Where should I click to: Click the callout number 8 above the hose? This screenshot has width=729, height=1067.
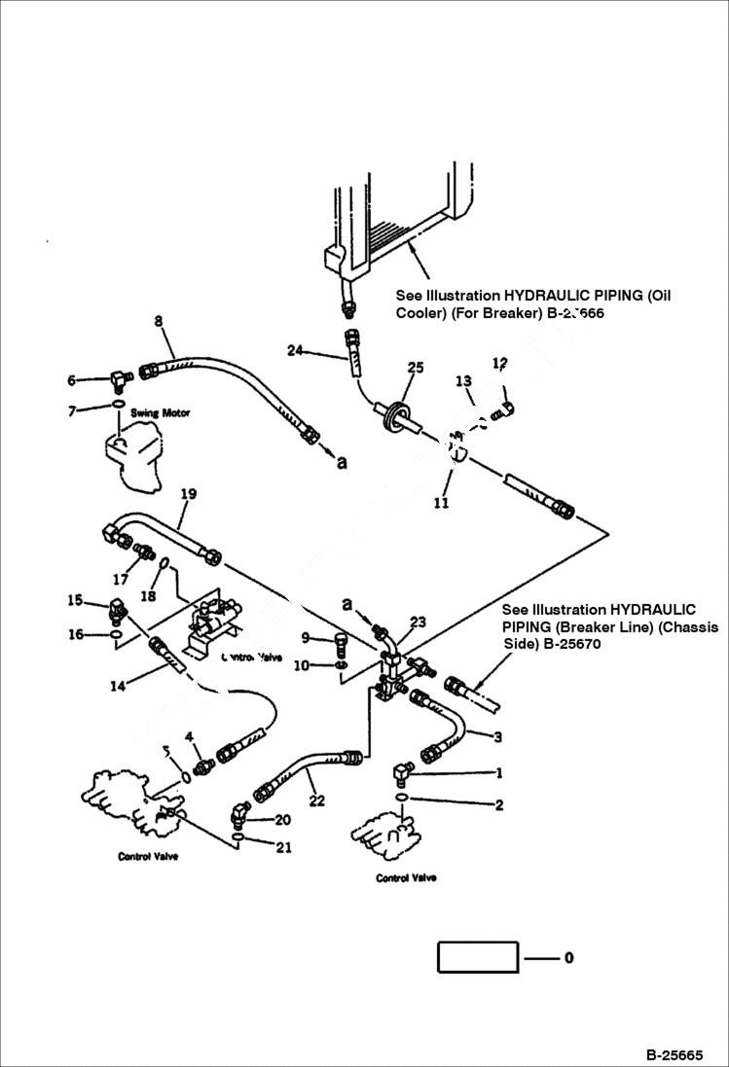[x=159, y=320]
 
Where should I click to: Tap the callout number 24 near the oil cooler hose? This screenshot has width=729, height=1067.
[x=296, y=349]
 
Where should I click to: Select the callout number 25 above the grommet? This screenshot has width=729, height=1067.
[x=416, y=368]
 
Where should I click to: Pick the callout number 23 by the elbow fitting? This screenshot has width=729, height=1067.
[x=418, y=622]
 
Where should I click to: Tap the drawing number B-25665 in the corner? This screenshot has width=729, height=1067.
[x=673, y=1054]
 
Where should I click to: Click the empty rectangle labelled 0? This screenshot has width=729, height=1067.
[x=477, y=957]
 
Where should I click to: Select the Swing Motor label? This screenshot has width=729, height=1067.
[x=161, y=412]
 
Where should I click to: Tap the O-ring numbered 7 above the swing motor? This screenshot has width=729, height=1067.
[x=116, y=405]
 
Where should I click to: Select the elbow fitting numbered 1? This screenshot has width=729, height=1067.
[x=402, y=773]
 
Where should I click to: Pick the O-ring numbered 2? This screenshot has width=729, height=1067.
[x=402, y=799]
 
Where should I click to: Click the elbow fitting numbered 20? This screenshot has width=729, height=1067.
[x=239, y=809]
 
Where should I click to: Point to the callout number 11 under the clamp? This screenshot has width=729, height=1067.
[x=441, y=504]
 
